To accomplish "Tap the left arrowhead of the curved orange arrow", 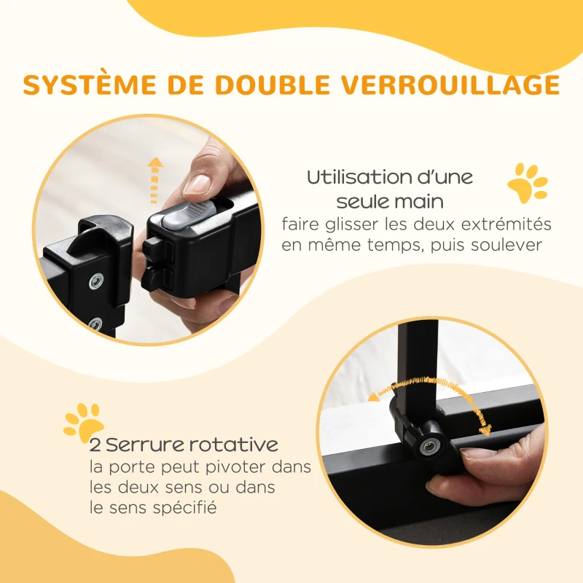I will point(374,396).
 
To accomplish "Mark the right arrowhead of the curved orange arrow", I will point(486,431).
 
